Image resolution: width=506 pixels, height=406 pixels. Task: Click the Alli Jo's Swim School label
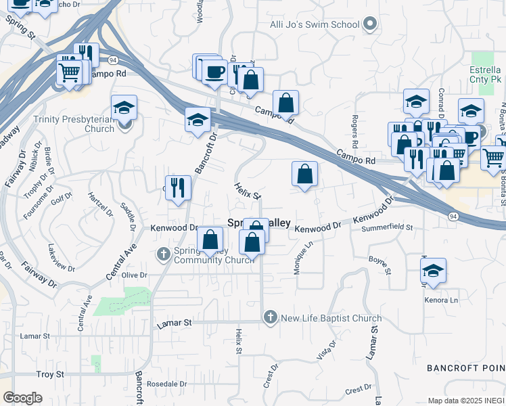click(x=315, y=25)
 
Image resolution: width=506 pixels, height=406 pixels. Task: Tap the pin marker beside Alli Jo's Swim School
click(x=369, y=25)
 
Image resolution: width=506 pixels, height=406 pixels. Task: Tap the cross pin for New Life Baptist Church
click(x=271, y=317)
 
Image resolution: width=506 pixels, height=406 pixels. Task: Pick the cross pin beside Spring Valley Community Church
click(x=163, y=254)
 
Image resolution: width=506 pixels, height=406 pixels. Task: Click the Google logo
click(x=22, y=398)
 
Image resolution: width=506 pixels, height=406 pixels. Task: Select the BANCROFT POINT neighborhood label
click(x=465, y=367)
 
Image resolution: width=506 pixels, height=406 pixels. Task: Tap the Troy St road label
click(x=50, y=374)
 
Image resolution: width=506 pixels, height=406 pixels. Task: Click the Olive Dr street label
click(x=134, y=275)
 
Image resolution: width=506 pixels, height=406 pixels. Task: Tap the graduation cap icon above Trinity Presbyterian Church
click(x=124, y=107)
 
